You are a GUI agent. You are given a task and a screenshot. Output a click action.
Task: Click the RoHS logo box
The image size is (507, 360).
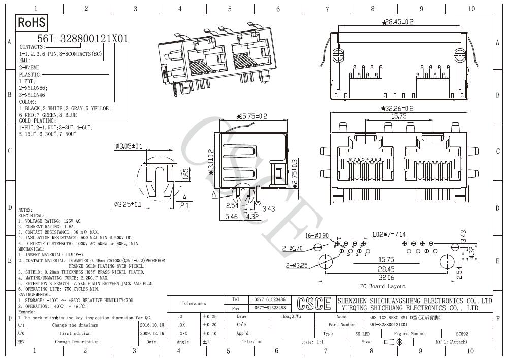[x=32, y=23]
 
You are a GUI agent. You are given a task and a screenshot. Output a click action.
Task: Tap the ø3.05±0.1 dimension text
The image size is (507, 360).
[x=129, y=146]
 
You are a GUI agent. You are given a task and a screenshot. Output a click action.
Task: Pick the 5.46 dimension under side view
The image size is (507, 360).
[x=232, y=217]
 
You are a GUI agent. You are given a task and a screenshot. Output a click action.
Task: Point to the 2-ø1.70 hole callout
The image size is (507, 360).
[x=293, y=248]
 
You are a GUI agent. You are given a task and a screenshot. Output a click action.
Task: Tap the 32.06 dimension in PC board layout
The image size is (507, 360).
[x=386, y=278]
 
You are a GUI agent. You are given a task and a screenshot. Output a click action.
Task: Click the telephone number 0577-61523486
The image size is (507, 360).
[x=269, y=300]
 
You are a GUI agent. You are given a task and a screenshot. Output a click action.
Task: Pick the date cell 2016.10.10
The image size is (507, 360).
[x=152, y=325]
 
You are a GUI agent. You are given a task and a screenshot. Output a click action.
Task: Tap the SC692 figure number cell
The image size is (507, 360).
[x=462, y=334]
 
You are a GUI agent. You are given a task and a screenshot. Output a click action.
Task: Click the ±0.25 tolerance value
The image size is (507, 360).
[x=209, y=316]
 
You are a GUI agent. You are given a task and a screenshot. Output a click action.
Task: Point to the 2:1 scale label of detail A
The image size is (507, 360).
[x=184, y=205]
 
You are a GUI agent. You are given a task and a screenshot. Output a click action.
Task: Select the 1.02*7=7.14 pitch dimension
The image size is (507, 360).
[x=389, y=235]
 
